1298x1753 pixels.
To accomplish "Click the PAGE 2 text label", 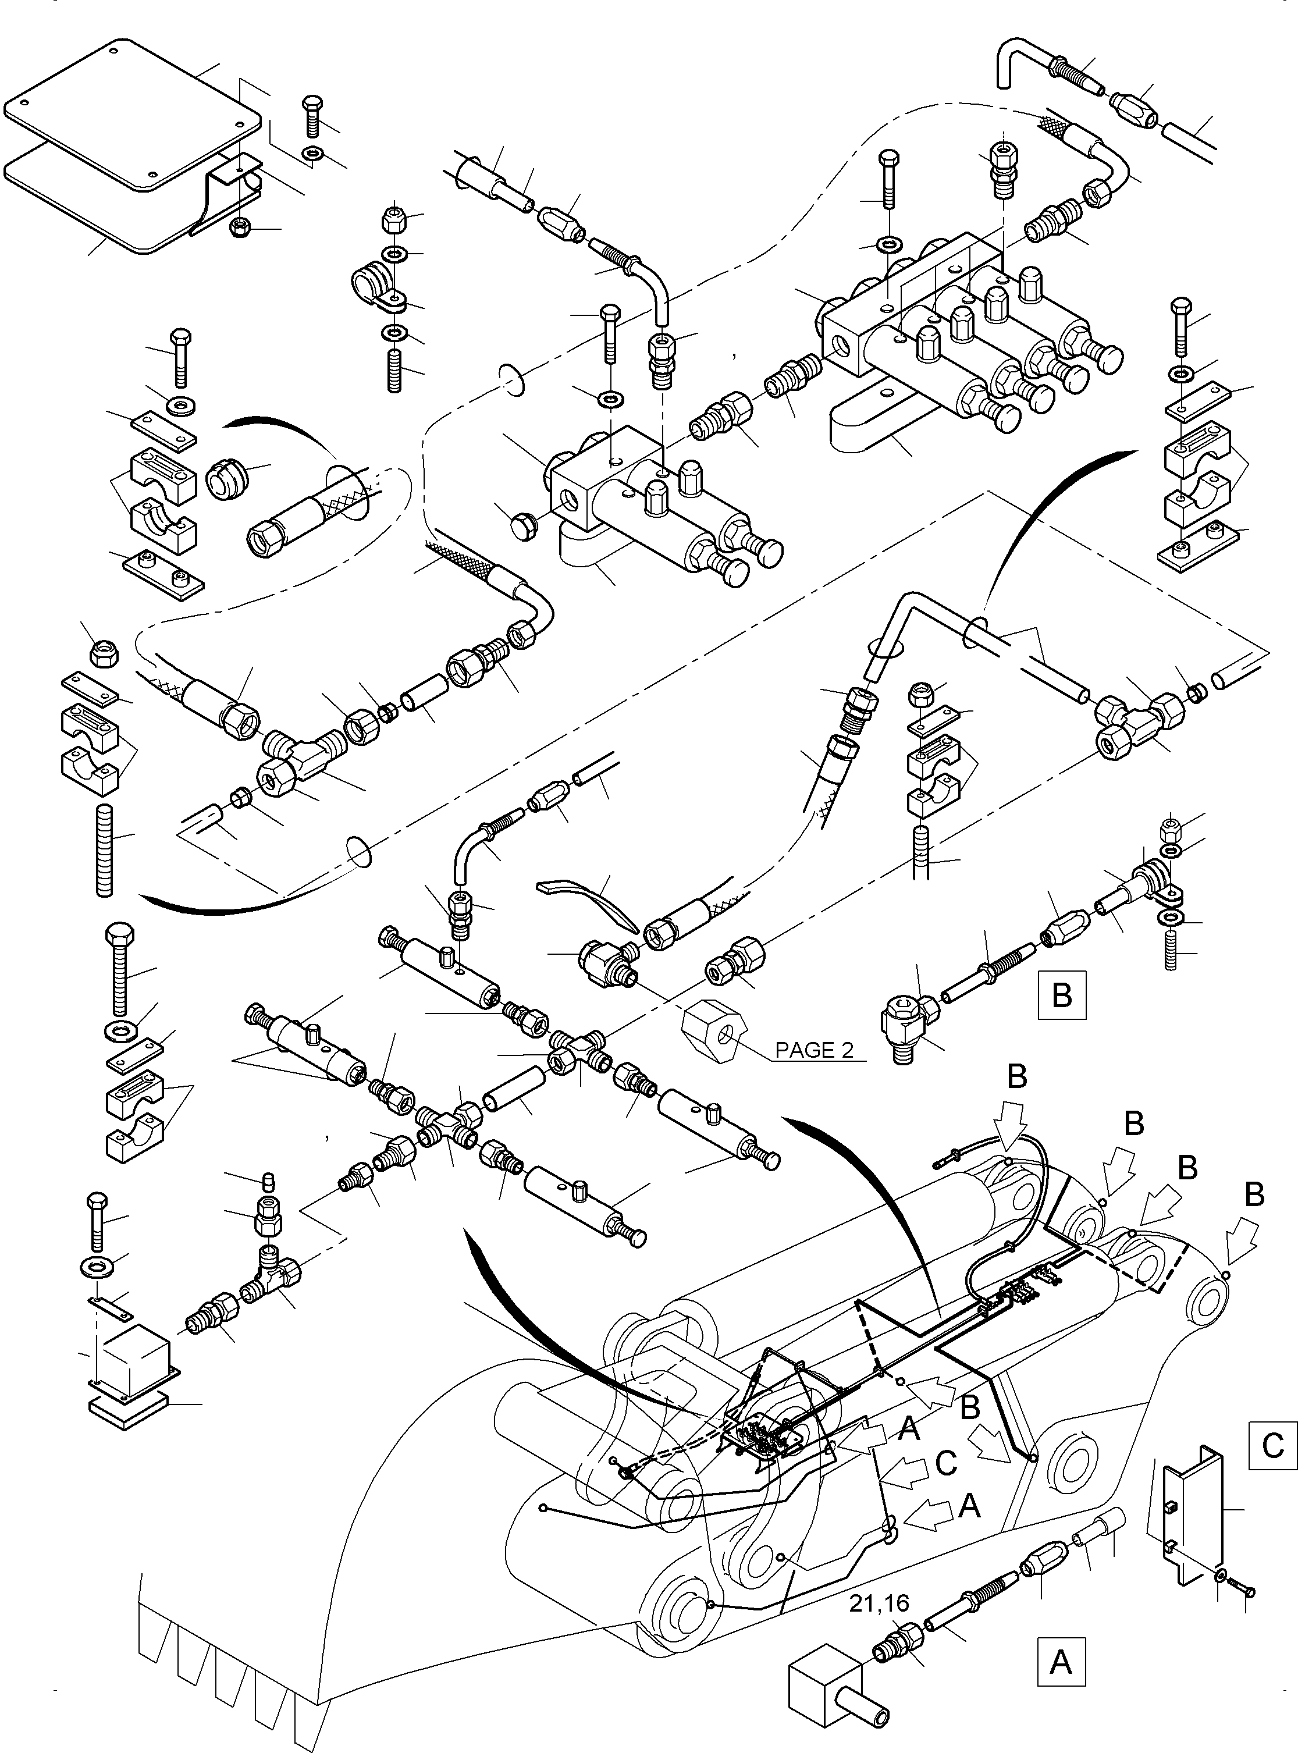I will (x=813, y=1051).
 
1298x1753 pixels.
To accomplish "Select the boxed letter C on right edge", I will (x=1272, y=1446).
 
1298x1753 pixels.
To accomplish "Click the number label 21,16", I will (x=879, y=1605).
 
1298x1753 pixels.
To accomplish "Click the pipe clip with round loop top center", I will (x=375, y=287).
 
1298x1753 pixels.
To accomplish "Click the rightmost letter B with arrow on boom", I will (x=1254, y=1195).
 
